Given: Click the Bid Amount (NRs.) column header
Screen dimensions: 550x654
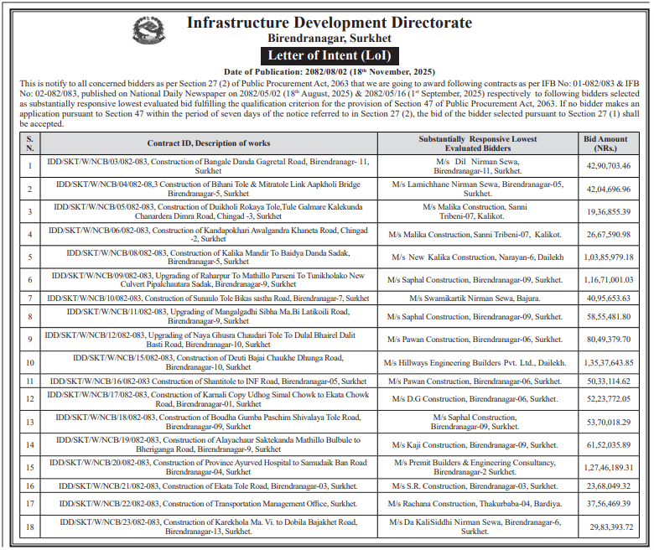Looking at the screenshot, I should click(x=605, y=143).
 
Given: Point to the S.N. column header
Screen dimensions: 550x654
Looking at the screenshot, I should click(x=30, y=143).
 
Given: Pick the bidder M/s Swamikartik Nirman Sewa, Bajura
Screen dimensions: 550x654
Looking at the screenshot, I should click(x=475, y=298).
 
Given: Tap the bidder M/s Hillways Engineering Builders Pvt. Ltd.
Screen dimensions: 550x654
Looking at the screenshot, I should click(x=475, y=362).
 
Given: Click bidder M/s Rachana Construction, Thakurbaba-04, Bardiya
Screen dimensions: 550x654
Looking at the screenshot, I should click(x=475, y=503).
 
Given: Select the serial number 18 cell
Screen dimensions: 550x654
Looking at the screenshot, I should click(x=30, y=526).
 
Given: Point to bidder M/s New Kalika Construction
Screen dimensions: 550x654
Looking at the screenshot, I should click(x=475, y=257).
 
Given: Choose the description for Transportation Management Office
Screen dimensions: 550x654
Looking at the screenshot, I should click(x=208, y=503).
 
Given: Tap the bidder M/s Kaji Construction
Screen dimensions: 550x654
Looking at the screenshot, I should click(x=475, y=444).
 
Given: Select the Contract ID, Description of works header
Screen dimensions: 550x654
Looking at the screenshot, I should click(x=208, y=143).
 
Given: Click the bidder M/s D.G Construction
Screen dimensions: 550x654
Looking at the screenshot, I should click(x=475, y=399).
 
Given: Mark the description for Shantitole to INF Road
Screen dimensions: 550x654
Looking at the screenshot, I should click(x=208, y=381).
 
